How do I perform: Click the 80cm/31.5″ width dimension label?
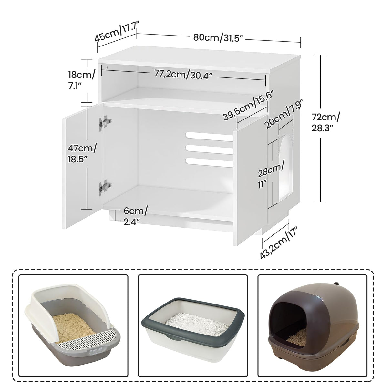tap(218, 37)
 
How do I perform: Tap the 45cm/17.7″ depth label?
tap(117, 32)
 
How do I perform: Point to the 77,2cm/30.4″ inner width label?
tap(183, 75)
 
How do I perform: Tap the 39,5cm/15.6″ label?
tap(249, 106)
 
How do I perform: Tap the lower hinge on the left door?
tap(105, 187)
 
